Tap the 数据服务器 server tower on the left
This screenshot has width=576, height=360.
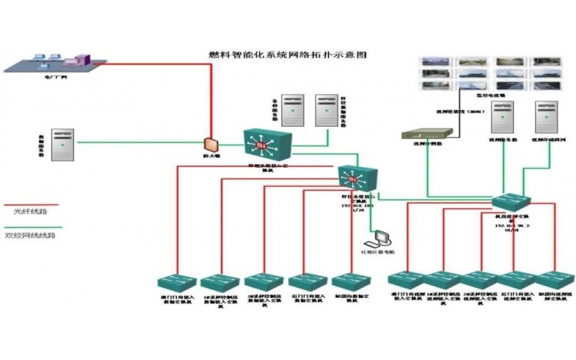pyautogui.click(x=63, y=143)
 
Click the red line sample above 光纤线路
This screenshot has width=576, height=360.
pyautogui.click(x=30, y=203)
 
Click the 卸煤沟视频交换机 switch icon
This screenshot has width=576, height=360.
pyautogui.click(x=554, y=280)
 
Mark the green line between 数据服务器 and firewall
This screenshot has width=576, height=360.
pyautogui.click(x=137, y=143)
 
